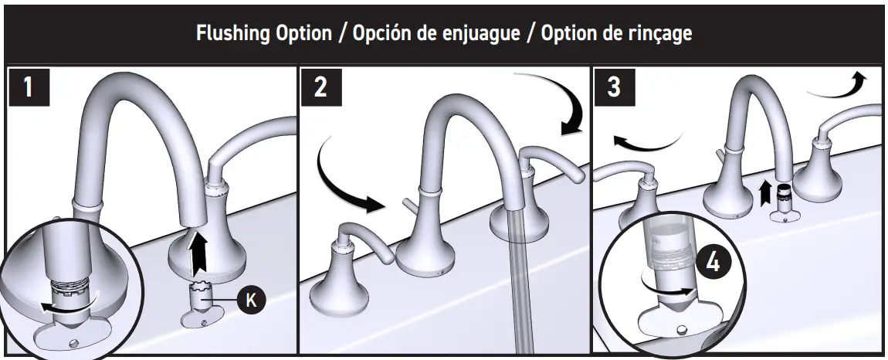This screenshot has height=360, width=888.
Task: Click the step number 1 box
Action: pos(28,87)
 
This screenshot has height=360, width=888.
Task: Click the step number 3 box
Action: pos(614,87)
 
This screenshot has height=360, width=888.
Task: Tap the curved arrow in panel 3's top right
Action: pos(838,85)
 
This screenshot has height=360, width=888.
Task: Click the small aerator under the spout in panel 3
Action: pos(785,202)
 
